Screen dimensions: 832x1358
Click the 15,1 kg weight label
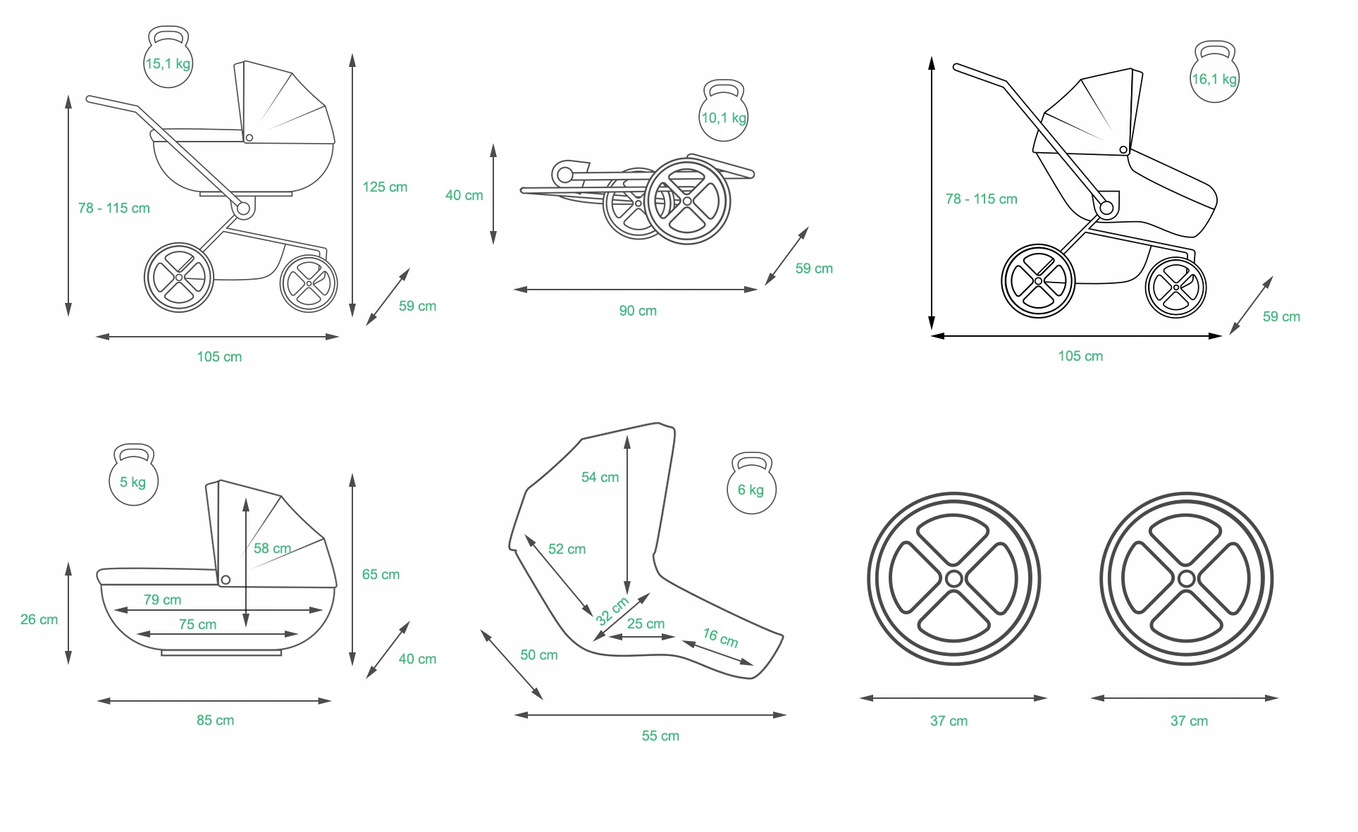168,63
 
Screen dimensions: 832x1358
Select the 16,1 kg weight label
1214,79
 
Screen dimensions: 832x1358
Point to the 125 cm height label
385,187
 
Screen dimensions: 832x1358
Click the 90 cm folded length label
638,311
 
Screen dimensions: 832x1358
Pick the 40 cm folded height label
464,195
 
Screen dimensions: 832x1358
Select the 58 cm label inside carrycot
272,548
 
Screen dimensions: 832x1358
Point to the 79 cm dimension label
162,600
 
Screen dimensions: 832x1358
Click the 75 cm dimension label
197,624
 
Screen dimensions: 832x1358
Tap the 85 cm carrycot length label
215,720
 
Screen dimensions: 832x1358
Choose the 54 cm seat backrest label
600,477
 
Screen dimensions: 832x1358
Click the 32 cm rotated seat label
612,611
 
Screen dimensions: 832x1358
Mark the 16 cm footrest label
720,638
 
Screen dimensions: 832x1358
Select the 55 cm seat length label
660,735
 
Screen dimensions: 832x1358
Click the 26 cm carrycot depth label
39,619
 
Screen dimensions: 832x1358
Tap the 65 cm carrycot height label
381,574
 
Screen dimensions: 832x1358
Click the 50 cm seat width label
538,654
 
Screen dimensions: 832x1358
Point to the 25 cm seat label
646,623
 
